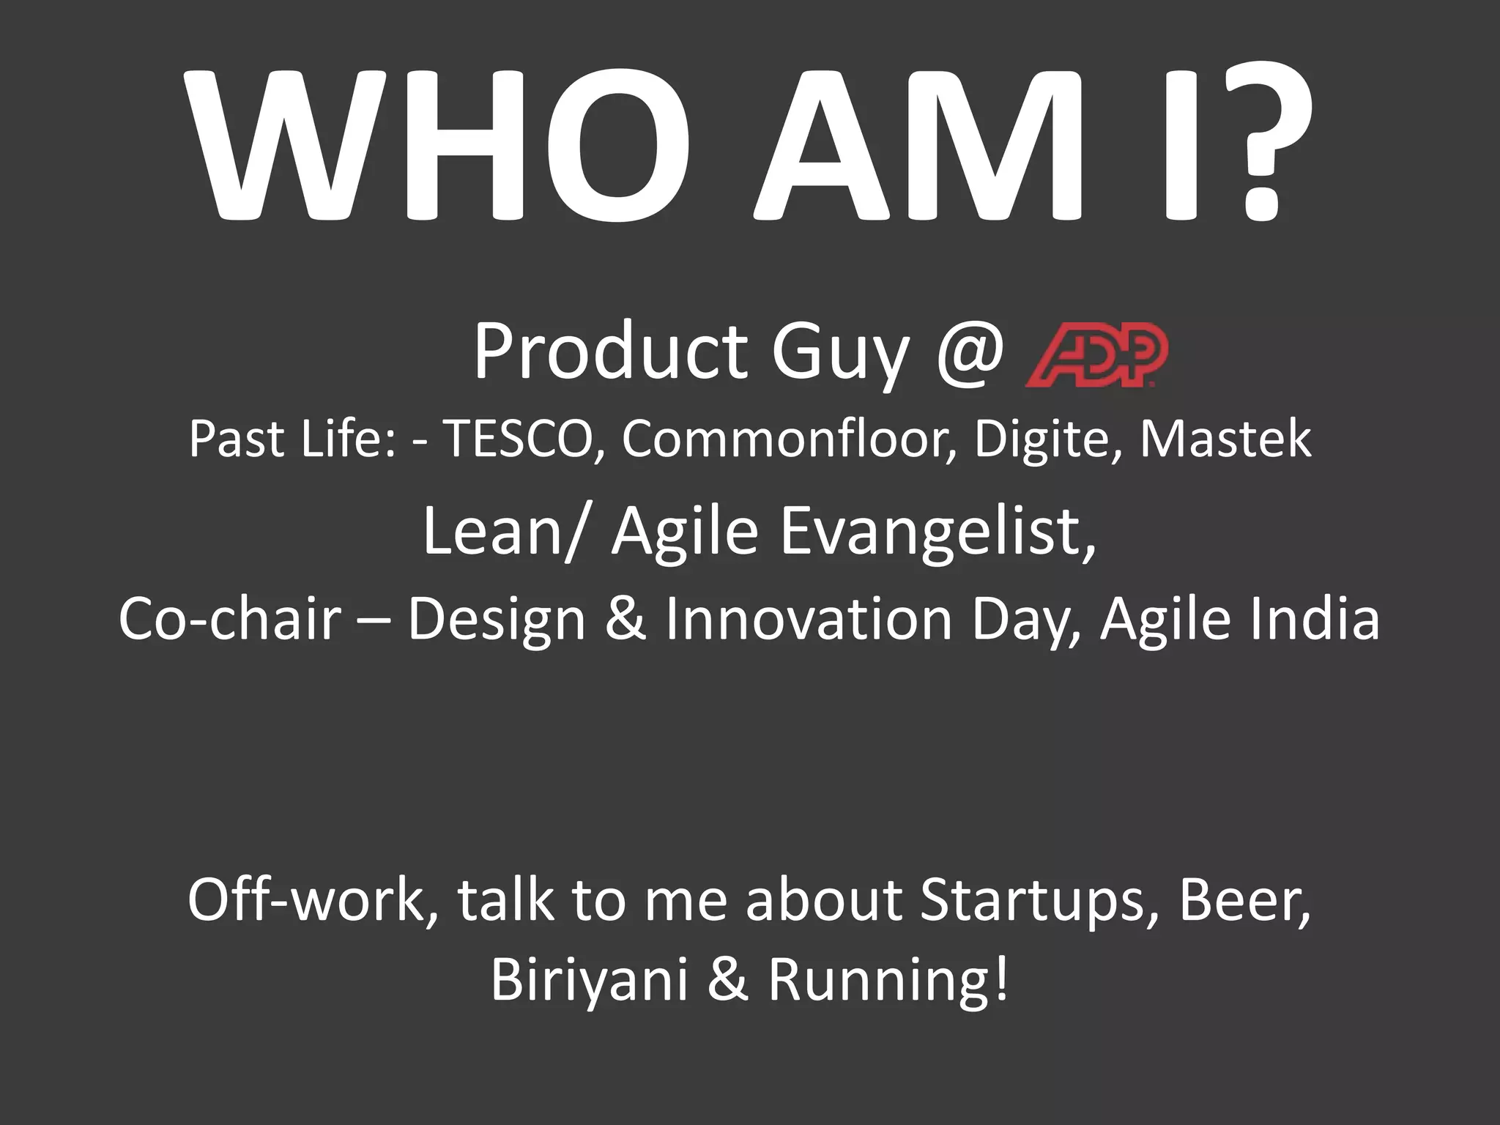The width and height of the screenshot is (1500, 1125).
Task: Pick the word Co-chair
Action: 229,619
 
